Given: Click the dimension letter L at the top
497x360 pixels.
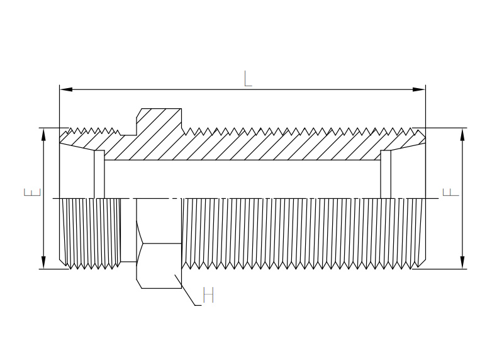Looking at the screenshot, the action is (x=248, y=79).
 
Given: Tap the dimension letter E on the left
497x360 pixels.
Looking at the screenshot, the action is (x=33, y=192).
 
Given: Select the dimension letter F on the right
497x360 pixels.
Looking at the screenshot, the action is (x=450, y=192).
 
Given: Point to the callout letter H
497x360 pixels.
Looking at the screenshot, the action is (x=209, y=295).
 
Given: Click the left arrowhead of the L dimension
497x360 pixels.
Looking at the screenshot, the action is (x=66, y=89).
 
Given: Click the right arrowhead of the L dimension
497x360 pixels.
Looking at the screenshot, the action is (x=419, y=89).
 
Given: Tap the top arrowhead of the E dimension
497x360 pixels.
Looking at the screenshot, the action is (x=43, y=135).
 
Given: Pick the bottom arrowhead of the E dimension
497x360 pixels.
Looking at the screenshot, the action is (x=43, y=262).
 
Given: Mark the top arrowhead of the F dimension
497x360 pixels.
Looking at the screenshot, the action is (x=462, y=135).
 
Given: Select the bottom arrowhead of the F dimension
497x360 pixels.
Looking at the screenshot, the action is (x=462, y=262).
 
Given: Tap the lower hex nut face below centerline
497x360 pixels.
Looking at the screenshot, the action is (x=159, y=244).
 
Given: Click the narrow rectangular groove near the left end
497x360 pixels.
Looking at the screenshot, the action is (x=99, y=174).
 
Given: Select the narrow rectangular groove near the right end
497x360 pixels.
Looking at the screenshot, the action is (x=386, y=174).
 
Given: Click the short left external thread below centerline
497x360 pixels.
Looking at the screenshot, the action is (x=91, y=233).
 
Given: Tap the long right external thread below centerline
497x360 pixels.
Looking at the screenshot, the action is (x=304, y=233).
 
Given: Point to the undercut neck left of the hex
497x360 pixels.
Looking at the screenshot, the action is (x=129, y=230).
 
